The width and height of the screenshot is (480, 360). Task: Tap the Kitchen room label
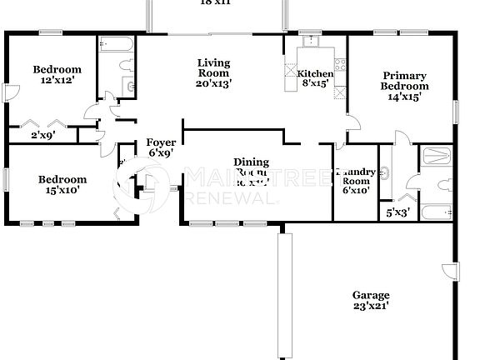click(315, 74)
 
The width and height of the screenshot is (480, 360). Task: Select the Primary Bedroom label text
click(404, 80)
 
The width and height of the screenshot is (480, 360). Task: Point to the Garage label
click(371, 296)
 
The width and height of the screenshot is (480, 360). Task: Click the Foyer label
click(160, 142)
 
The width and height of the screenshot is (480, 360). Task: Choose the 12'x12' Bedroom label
click(57, 69)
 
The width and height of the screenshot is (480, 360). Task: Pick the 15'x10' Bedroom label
click(62, 180)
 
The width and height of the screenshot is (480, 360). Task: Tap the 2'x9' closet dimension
click(42, 134)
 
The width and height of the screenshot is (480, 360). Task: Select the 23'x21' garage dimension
click(371, 307)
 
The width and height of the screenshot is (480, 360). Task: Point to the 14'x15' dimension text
click(405, 97)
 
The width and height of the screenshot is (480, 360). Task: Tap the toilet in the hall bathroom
click(125, 64)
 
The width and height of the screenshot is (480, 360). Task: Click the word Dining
click(250, 162)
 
